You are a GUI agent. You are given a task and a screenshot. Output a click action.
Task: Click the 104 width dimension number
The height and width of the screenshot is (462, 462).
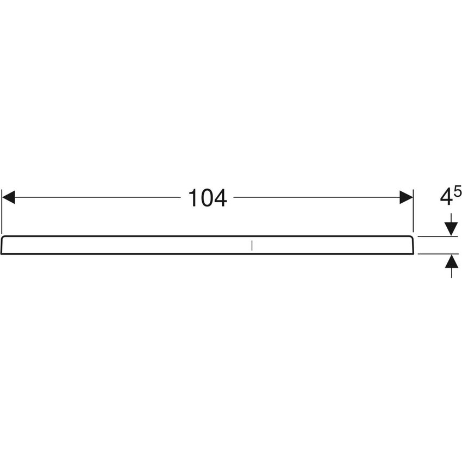click(x=207, y=198)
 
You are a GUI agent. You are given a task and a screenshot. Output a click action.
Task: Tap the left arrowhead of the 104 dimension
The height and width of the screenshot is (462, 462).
click(x=9, y=198)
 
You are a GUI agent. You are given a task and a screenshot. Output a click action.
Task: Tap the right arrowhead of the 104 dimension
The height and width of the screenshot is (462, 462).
click(x=406, y=198)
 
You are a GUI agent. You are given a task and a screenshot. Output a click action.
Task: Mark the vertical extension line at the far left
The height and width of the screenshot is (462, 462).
click(x=2, y=212)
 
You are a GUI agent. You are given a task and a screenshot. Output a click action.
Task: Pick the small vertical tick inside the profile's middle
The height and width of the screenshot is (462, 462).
click(x=252, y=245)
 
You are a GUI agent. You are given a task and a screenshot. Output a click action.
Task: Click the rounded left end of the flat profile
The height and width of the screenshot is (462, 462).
click(x=4, y=245)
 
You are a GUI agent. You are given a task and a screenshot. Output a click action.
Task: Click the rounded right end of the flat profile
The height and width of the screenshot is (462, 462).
click(x=411, y=245)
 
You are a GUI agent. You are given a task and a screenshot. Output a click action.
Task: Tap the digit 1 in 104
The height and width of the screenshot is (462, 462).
click(x=193, y=198)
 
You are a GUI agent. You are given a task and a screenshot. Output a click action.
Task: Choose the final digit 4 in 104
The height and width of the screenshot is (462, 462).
click(x=219, y=198)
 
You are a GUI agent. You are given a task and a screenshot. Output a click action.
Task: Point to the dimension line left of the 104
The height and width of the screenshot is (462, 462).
click(x=98, y=198)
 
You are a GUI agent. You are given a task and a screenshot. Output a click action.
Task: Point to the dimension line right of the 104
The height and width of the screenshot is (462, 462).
click(x=315, y=198)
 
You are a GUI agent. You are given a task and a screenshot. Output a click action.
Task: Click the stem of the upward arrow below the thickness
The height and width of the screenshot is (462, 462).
click(x=451, y=272)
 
